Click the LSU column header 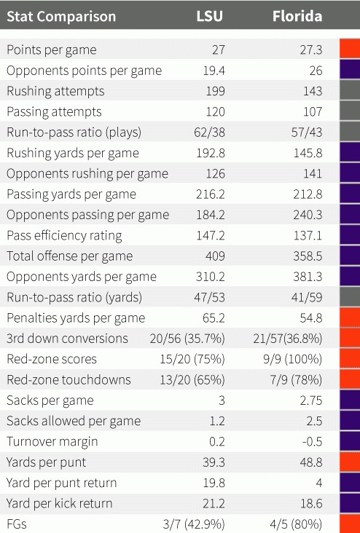click(x=211, y=16)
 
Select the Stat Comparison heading click(x=61, y=16)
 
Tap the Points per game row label click(x=51, y=50)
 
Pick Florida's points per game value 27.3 click(x=311, y=50)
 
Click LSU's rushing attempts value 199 click(x=215, y=91)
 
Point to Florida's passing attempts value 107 click(x=312, y=112)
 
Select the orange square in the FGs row click(x=350, y=524)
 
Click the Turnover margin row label click(x=52, y=441)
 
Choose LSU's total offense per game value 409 click(x=215, y=256)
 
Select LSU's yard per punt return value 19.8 click(x=214, y=483)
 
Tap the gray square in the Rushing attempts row click(x=350, y=91)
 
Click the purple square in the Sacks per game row click(x=350, y=400)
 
